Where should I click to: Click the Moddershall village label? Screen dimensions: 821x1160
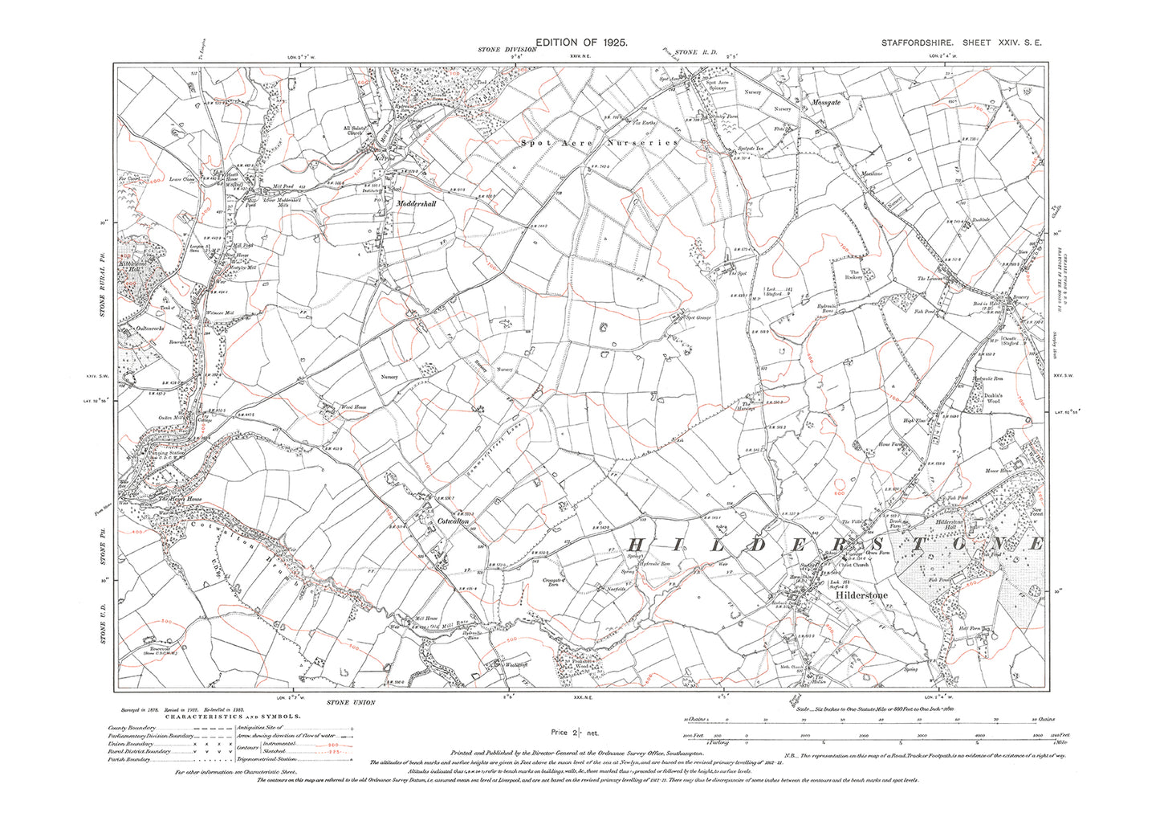pos(415,204)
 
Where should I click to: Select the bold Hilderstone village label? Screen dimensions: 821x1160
pos(861,596)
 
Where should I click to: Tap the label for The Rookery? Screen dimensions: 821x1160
pos(855,276)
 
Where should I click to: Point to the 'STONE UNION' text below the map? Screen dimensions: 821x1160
pos(351,702)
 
